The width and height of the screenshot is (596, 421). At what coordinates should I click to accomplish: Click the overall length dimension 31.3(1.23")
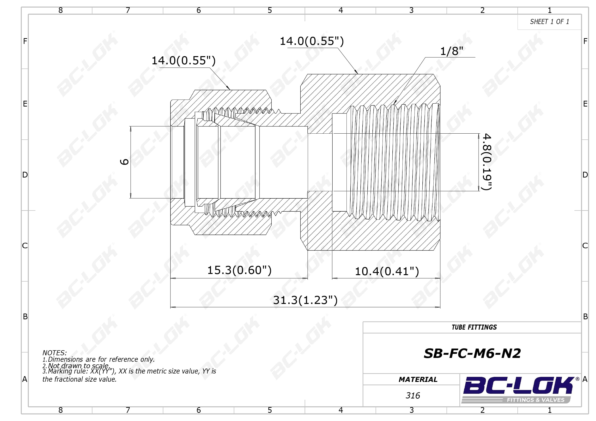[x=305, y=300]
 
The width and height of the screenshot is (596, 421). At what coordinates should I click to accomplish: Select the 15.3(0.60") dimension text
[x=239, y=270]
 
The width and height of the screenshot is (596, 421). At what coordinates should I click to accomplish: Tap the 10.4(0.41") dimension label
[x=387, y=272]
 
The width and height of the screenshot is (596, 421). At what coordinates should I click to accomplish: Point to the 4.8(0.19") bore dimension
[x=487, y=162]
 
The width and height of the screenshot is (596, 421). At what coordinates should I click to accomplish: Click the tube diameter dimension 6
[x=124, y=162]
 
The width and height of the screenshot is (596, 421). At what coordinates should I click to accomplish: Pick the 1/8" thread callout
[x=452, y=51]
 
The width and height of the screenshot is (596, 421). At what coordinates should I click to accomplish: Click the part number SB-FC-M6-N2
[x=472, y=353]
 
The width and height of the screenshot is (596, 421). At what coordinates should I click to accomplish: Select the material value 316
[x=413, y=396]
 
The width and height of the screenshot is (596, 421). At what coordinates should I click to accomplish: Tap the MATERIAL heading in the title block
[x=418, y=379]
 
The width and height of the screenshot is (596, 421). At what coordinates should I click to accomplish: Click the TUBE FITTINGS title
[x=474, y=327]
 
